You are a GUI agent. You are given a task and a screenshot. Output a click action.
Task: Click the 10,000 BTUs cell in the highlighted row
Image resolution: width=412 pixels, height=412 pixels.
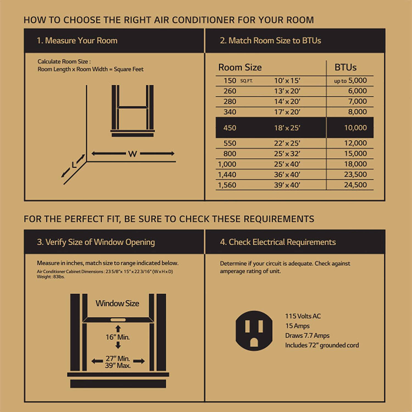point(355,128)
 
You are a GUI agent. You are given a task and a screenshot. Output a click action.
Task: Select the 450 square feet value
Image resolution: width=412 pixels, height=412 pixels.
point(230,128)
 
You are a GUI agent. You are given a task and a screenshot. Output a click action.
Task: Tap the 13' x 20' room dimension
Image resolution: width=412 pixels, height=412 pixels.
point(287,91)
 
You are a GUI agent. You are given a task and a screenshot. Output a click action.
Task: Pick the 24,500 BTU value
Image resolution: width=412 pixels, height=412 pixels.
point(355,185)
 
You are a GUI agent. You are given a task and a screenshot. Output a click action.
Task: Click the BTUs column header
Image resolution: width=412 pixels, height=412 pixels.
point(345,67)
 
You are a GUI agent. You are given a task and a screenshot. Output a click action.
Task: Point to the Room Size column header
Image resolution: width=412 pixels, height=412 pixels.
point(240,67)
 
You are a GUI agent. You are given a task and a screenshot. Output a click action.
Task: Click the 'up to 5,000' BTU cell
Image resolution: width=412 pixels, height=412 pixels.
point(350,80)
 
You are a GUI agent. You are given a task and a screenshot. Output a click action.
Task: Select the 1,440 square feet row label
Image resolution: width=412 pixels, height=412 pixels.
point(227,174)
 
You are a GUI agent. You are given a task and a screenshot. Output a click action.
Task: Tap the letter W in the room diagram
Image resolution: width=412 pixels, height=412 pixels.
point(132,154)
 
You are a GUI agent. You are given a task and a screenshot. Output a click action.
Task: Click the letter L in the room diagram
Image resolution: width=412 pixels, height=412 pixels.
point(74,165)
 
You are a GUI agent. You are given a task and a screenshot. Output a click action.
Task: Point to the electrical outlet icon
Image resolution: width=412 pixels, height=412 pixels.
point(254,331)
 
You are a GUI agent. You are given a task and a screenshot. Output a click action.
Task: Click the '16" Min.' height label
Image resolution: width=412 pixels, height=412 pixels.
point(118,337)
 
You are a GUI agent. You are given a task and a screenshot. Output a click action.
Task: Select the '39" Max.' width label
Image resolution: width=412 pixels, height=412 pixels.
point(118,366)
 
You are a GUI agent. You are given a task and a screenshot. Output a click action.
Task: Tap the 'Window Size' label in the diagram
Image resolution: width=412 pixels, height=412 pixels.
point(117,303)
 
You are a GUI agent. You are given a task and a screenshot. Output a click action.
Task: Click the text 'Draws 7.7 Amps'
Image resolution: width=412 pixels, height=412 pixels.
point(307,335)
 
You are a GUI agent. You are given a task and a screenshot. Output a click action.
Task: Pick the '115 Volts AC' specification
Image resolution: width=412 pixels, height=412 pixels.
point(303,316)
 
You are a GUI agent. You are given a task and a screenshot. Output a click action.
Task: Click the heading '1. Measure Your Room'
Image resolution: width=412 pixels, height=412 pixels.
point(77,41)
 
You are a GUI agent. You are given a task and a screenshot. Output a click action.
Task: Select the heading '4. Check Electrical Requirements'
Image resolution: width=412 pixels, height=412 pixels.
point(278,242)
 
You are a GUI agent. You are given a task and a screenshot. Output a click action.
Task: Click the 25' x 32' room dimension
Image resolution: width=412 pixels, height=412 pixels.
point(287,154)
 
